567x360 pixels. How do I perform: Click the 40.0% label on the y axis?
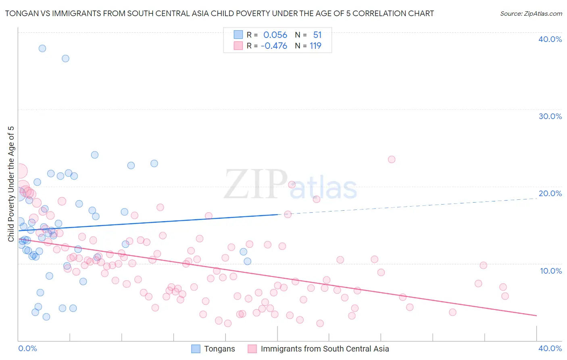[550, 39]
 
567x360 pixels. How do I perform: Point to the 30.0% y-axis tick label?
[550, 116]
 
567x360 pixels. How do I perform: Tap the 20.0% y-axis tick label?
[550, 193]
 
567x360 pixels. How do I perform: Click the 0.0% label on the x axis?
[27, 348]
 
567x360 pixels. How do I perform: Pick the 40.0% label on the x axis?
[550, 348]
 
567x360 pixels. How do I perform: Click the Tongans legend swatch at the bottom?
[196, 349]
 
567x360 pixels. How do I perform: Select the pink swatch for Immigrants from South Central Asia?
[252, 349]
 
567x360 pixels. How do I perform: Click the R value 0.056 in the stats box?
[275, 35]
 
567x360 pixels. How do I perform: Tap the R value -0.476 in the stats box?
[274, 46]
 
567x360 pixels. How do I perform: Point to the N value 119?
[315, 46]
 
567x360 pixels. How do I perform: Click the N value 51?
[317, 35]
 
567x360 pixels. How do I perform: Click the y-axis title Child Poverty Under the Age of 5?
[11, 184]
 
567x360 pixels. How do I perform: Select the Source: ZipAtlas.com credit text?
[531, 14]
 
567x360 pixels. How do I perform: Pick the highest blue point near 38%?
[42, 48]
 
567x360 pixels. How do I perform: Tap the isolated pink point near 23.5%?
[392, 159]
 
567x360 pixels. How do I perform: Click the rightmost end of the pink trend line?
[536, 315]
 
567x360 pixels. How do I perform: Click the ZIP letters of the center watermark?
[256, 184]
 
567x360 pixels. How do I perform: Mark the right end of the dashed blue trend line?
[536, 199]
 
